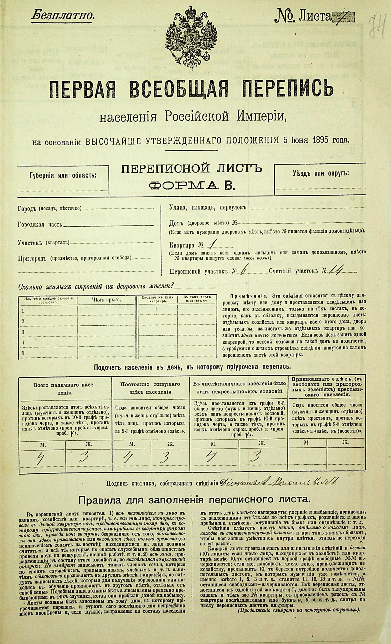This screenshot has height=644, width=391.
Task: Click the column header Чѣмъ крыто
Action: coord(107,300)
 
